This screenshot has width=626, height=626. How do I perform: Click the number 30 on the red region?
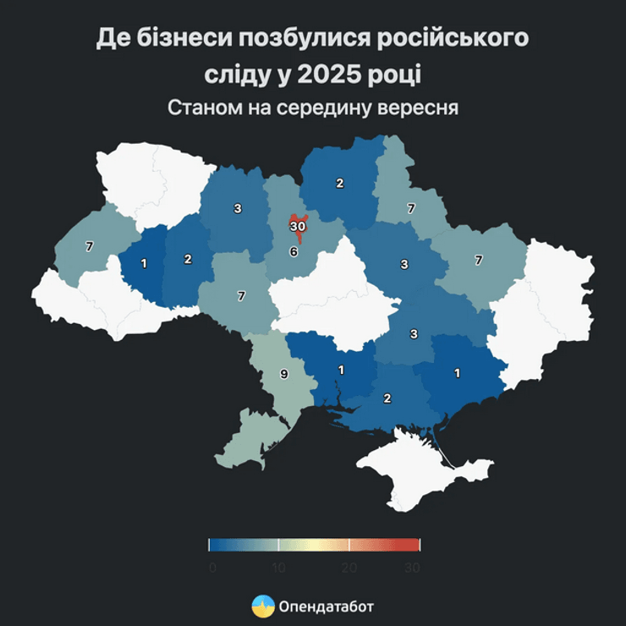298,227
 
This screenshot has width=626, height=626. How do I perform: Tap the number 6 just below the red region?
294,251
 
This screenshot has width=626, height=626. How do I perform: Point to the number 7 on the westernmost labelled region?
89,246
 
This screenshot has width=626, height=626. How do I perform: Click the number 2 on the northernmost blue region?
340,184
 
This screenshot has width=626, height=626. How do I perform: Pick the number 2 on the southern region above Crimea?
387,398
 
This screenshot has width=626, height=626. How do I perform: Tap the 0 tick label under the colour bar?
211,568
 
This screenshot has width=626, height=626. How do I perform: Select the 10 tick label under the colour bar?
278,568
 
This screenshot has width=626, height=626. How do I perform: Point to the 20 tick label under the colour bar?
348,568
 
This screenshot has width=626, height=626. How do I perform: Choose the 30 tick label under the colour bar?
413,568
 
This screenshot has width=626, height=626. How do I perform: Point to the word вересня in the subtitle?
418,108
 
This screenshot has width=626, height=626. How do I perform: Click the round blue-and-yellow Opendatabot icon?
262,606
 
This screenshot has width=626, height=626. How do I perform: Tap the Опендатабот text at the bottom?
325,607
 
